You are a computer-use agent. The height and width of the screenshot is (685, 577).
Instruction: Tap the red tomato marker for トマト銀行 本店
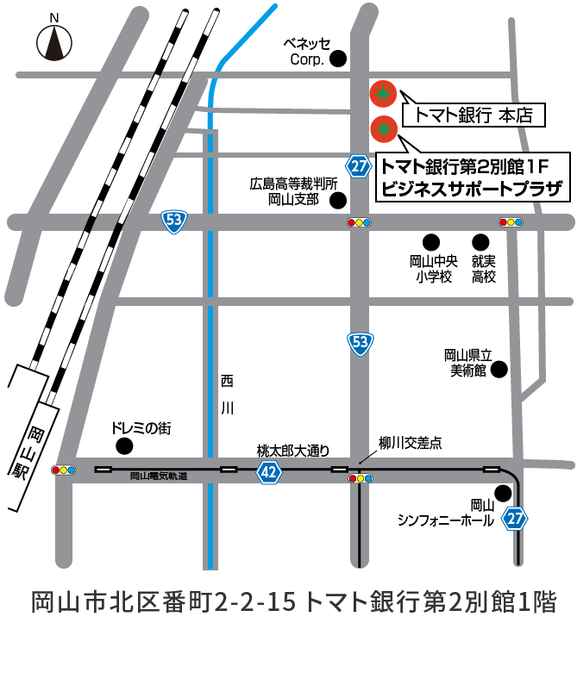pos(382,93)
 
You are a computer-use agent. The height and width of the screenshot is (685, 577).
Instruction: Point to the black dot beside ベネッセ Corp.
pos(339,59)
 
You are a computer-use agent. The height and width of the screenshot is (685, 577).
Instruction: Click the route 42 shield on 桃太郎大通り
pos(269,471)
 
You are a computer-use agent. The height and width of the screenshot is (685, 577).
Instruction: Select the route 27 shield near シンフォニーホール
pos(514,518)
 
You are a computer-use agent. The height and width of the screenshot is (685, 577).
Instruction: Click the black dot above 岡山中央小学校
pos(430,242)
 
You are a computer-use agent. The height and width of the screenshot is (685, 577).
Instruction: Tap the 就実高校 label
pos(483,268)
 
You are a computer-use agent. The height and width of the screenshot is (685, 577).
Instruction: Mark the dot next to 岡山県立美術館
pos(499,369)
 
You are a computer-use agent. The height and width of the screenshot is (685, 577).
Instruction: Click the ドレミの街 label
pos(137,427)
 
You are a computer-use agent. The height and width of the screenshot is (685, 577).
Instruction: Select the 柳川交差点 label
pos(411,443)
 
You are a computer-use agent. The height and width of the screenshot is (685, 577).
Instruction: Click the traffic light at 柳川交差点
pos(360,478)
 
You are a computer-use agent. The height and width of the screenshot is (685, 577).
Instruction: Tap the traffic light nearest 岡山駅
pos(64,470)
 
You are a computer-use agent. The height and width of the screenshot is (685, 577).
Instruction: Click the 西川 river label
pos(227,394)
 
